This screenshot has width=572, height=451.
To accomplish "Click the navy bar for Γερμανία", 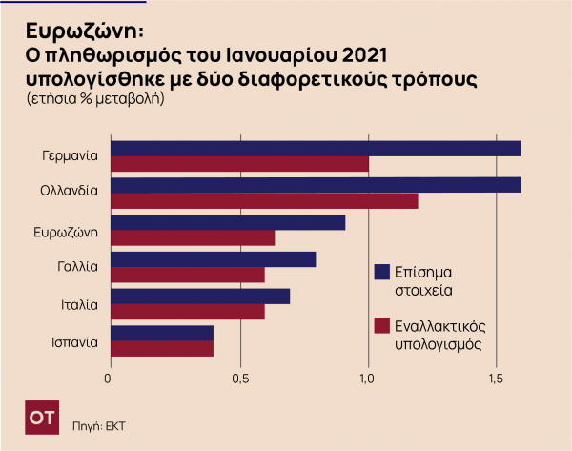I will pyautogui.click(x=316, y=148).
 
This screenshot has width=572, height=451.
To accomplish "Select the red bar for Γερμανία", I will pyautogui.click(x=239, y=164).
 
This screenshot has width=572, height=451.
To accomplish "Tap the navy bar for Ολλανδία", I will pyautogui.click(x=316, y=185).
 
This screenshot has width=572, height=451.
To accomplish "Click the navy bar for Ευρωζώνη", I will pyautogui.click(x=228, y=222).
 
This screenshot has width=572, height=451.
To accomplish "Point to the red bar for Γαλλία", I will pyautogui.click(x=188, y=276).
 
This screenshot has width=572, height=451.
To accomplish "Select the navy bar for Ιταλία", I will pyautogui.click(x=200, y=297).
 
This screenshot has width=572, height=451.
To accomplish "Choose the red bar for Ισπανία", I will pyautogui.click(x=162, y=349).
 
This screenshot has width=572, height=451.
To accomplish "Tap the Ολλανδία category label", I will pyautogui.click(x=69, y=191).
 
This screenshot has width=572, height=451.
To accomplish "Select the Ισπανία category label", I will pyautogui.click(x=75, y=341).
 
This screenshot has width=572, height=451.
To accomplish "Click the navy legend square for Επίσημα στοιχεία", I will pyautogui.click(x=383, y=273).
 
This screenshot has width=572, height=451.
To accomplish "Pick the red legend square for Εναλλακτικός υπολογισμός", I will pyautogui.click(x=383, y=325).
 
